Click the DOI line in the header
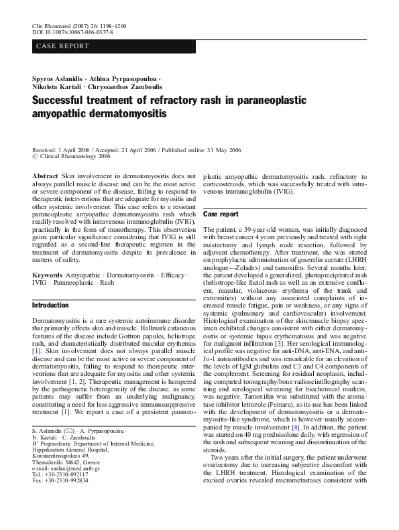coord(72,31)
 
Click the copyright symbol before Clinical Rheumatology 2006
coord(35,156)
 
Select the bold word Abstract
coord(45,175)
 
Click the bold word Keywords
coord(47,275)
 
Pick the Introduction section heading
coord(50,306)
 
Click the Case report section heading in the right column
coord(220,214)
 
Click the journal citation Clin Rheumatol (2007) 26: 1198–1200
coord(79,25)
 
